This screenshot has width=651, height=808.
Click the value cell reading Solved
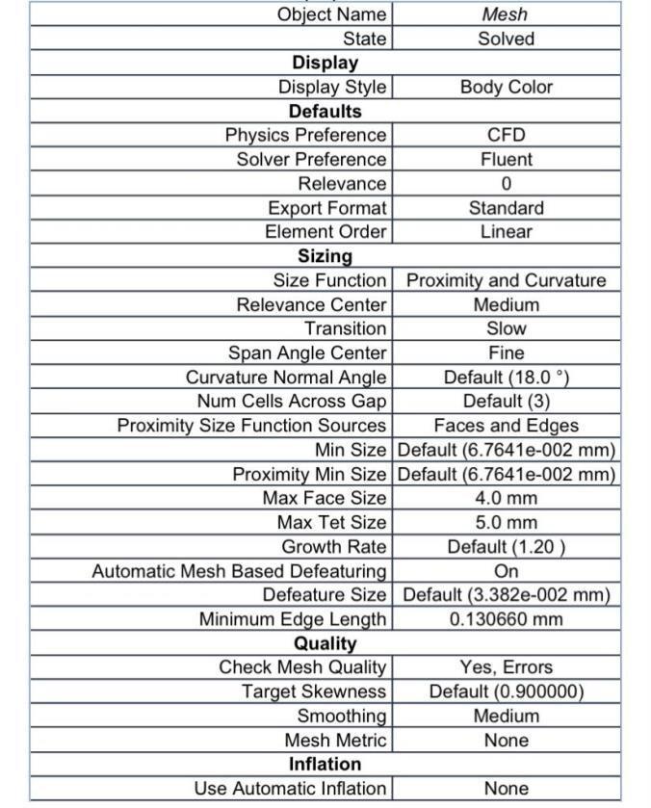[x=506, y=39]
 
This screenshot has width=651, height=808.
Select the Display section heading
[x=325, y=63]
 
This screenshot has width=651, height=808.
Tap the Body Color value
[x=506, y=87]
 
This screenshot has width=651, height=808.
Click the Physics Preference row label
[x=305, y=135]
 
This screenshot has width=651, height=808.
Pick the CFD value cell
[x=506, y=135]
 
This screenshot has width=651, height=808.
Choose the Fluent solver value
[x=506, y=159]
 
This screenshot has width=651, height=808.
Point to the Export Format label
[x=326, y=208]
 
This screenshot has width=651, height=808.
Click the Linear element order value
[x=506, y=232]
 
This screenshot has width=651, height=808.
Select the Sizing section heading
[x=325, y=256]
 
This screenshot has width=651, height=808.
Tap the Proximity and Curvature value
[x=506, y=280]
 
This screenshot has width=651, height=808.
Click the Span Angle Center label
[x=307, y=353]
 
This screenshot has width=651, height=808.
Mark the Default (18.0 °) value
[x=506, y=378]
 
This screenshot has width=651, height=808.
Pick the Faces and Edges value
[x=506, y=426]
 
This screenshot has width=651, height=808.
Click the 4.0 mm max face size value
[x=506, y=498]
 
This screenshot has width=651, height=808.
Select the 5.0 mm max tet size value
[x=506, y=522]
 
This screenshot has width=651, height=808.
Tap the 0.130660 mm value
[x=506, y=619]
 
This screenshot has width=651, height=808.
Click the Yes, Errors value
[x=506, y=667]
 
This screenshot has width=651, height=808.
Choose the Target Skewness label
[x=314, y=691]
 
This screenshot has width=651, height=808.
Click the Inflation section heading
[x=325, y=765]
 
